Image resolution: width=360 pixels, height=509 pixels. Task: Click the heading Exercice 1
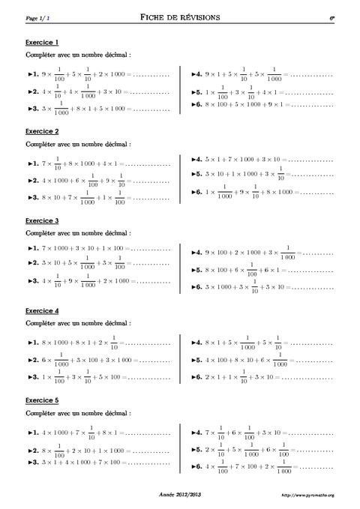[x=42, y=42]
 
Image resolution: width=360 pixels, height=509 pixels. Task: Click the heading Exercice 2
[x=42, y=131]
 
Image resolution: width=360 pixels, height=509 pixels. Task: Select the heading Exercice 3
[x=42, y=221]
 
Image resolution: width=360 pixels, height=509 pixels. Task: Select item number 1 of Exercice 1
[x=97, y=75]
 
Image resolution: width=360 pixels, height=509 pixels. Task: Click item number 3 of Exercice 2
[x=97, y=197]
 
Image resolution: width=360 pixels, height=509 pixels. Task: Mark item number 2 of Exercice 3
[x=97, y=265]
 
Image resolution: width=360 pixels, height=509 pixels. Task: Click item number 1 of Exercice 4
[x=97, y=343]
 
